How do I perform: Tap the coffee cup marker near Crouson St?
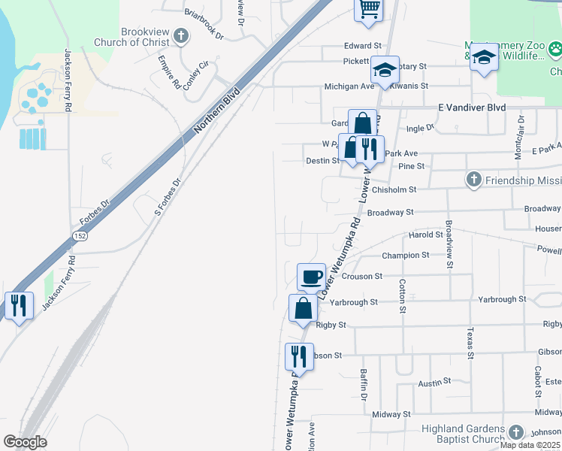[x=311, y=277]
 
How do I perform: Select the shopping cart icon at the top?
[x=368, y=10]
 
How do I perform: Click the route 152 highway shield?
[x=78, y=236]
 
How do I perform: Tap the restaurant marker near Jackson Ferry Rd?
[x=18, y=306]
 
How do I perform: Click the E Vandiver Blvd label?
[x=473, y=107]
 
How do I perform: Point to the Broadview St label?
[x=449, y=244]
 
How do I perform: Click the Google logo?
[x=25, y=442]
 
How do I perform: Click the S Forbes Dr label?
[x=168, y=198]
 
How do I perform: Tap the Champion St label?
[x=405, y=256]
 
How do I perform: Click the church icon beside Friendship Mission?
[x=473, y=180]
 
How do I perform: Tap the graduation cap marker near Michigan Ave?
[x=385, y=71]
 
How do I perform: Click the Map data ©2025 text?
[x=529, y=445]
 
